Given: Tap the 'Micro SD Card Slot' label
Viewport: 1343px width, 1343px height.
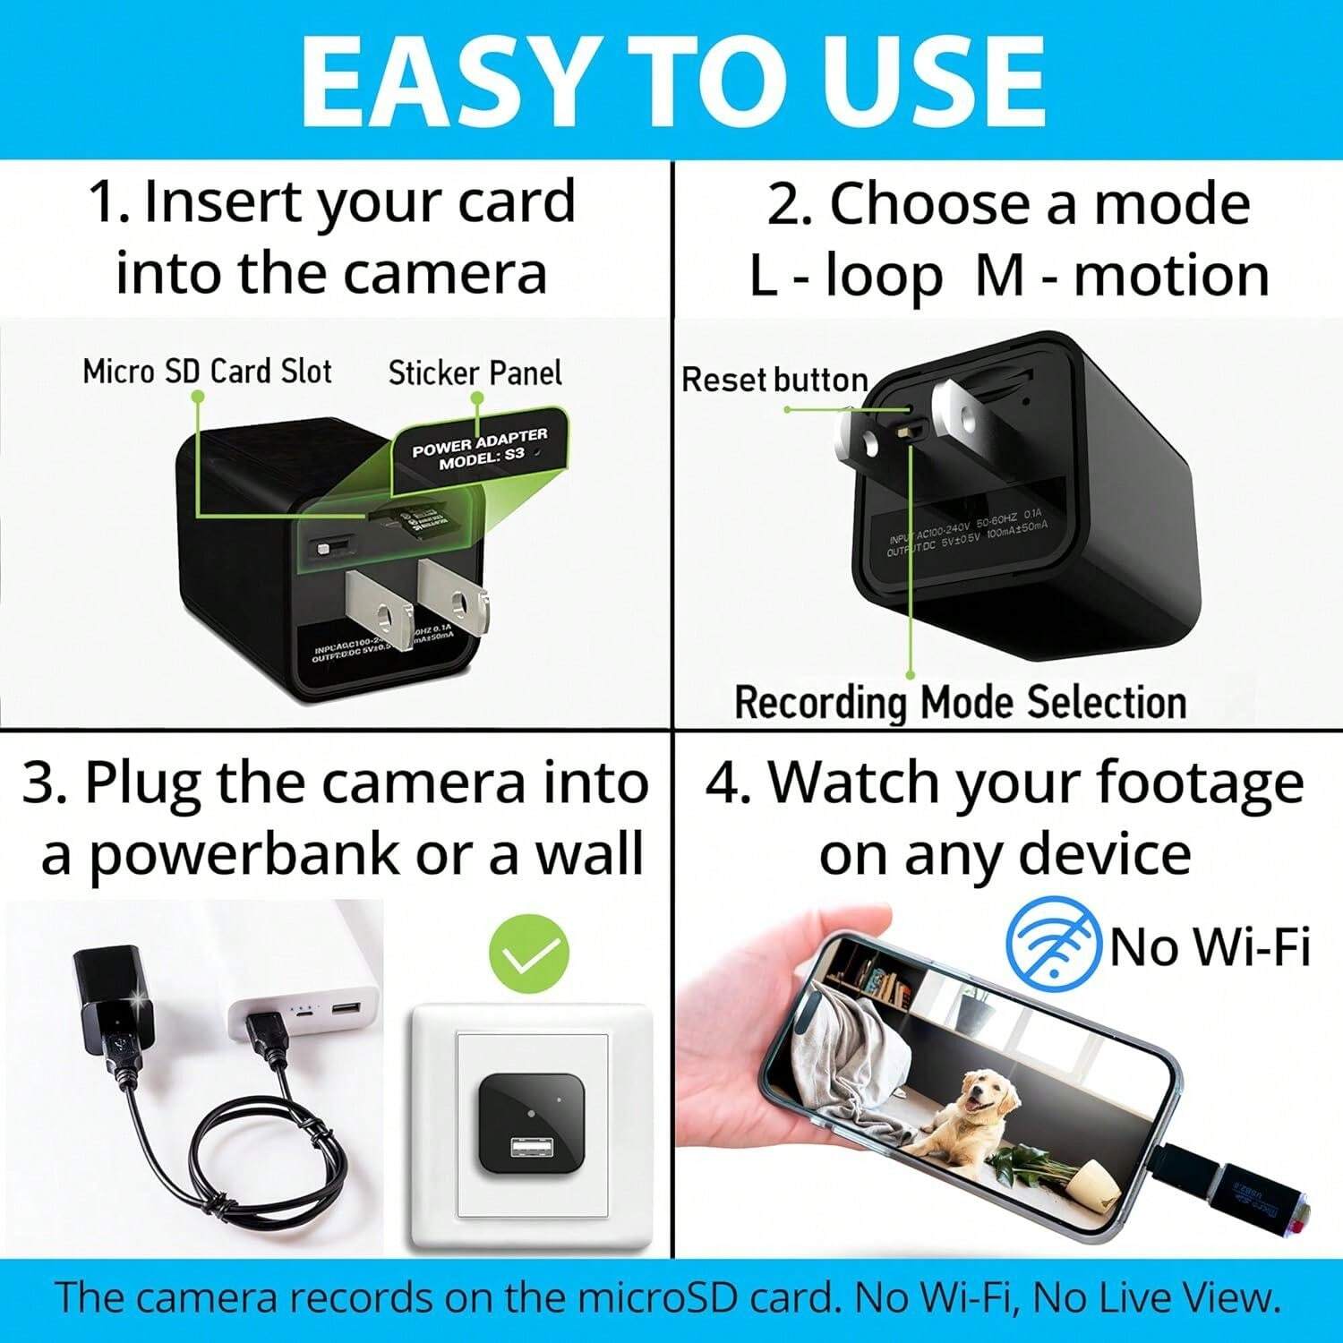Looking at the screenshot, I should pyautogui.click(x=207, y=372).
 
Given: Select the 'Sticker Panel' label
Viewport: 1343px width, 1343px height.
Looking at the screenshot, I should pyautogui.click(x=475, y=373).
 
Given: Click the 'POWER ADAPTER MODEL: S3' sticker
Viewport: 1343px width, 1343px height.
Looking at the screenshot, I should pyautogui.click(x=480, y=448).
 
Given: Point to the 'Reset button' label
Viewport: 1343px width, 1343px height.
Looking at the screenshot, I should pyautogui.click(x=774, y=380).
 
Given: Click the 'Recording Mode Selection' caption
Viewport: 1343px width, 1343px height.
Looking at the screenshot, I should pyautogui.click(x=960, y=702).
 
